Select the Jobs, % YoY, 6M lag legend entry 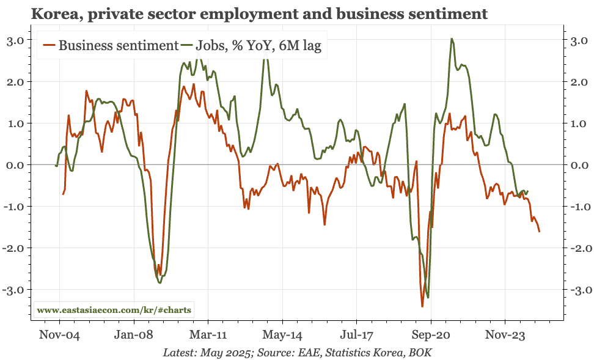click(257, 45)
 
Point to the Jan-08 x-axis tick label click(133, 335)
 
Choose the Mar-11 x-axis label click(208, 335)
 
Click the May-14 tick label click(282, 335)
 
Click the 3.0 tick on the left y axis click(18, 40)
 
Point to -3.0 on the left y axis click(16, 290)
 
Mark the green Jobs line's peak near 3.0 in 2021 click(451, 39)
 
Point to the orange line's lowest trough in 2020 click(422, 306)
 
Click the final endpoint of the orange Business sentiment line click(539, 232)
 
